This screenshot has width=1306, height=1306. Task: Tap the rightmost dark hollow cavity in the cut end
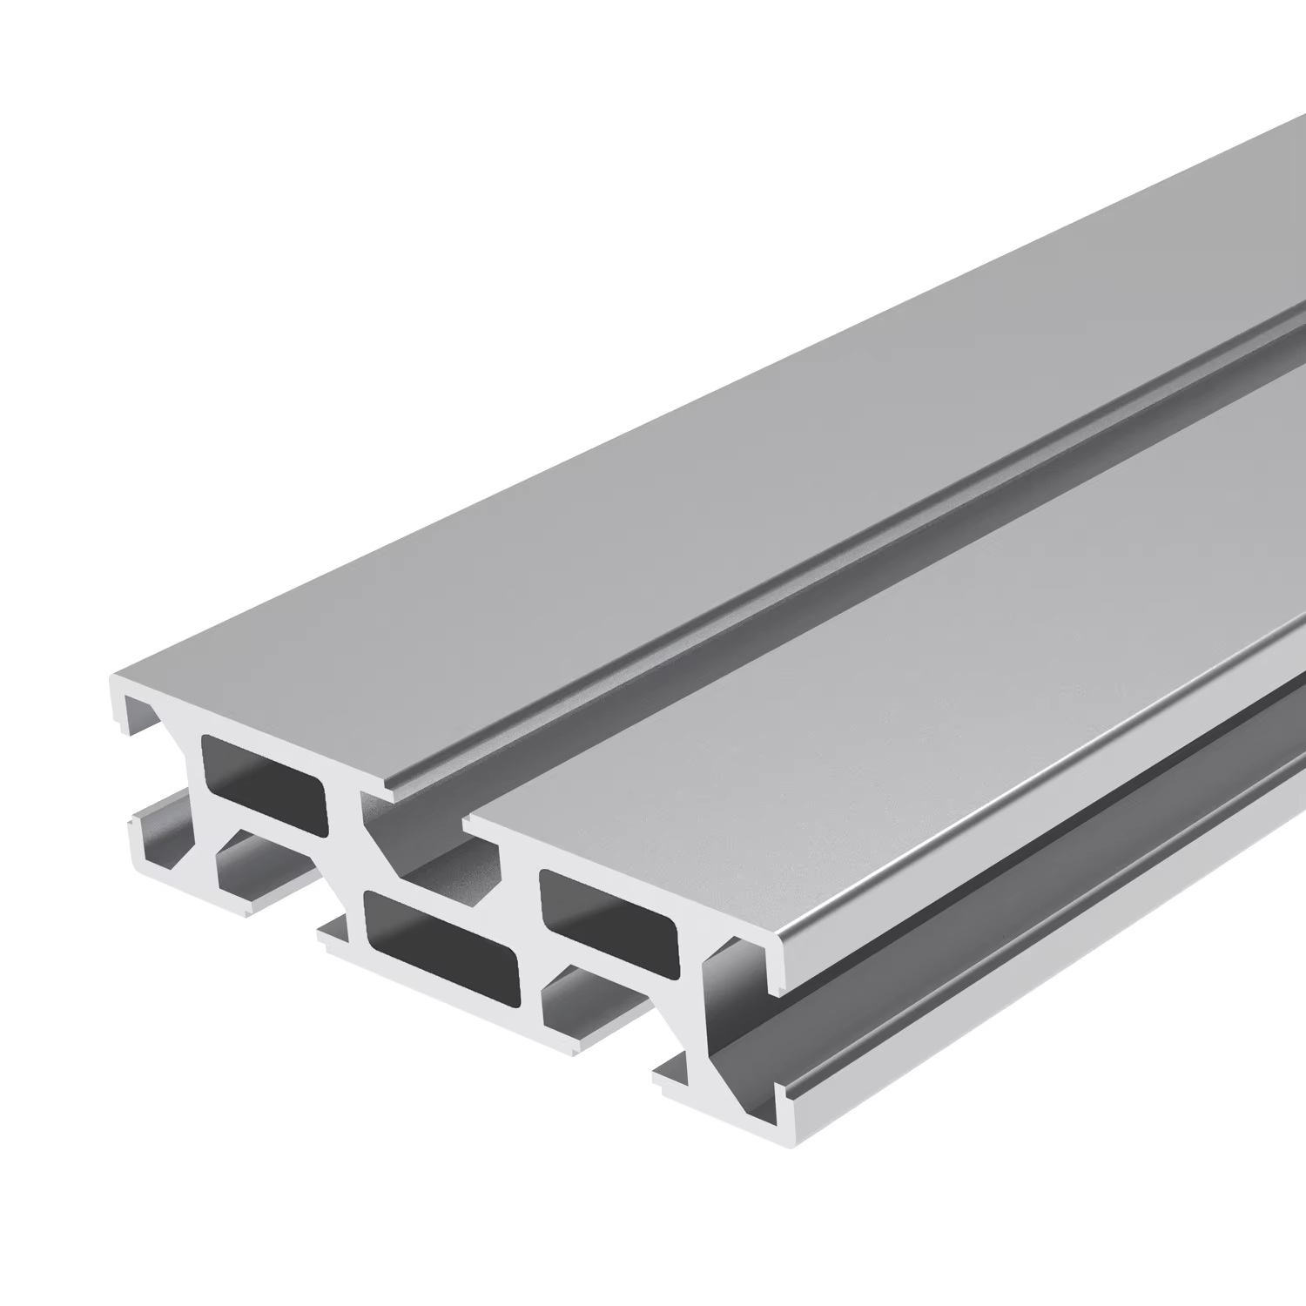pyautogui.click(x=609, y=919)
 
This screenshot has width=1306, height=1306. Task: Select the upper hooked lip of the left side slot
pyautogui.click(x=122, y=714)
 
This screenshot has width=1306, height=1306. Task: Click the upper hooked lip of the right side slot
pyautogui.click(x=779, y=966)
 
